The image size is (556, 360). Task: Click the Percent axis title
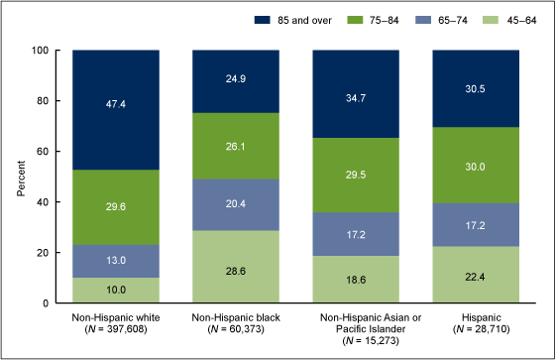(x=22, y=177)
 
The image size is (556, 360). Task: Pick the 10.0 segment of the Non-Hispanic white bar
(x=117, y=290)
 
